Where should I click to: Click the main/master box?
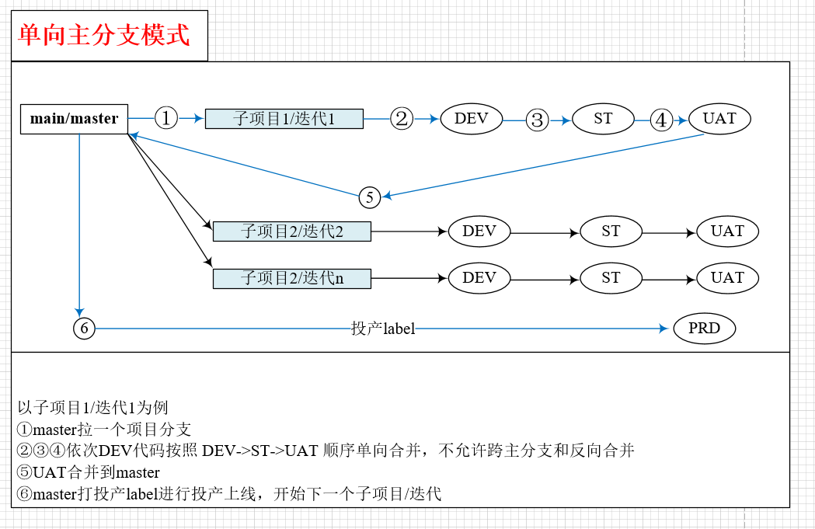coord(74,119)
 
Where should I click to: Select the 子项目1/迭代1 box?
coord(284,119)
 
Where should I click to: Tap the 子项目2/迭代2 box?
coord(291,231)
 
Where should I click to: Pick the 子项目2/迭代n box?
coord(291,278)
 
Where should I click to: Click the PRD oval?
coord(704,329)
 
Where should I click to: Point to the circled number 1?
coord(166,118)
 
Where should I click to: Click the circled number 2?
coord(401,118)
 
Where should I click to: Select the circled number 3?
coord(537,120)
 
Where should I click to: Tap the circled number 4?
coord(660,120)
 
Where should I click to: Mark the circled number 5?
coord(370,198)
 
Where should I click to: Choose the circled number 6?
coord(84,329)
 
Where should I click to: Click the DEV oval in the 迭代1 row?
coord(472,119)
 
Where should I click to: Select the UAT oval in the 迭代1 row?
coord(719,119)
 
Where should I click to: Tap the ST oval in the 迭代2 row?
coord(611,231)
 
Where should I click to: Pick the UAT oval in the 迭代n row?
coord(727,278)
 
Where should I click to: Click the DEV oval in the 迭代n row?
coord(479,278)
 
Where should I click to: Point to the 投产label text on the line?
coord(383,329)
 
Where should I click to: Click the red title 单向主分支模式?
coord(103,35)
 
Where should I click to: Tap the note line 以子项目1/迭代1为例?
coord(92,407)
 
